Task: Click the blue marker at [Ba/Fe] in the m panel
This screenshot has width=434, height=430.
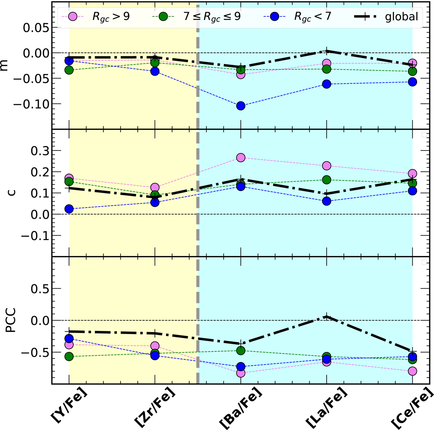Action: [241, 106]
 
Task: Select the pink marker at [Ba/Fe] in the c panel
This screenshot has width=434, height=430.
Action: [241, 158]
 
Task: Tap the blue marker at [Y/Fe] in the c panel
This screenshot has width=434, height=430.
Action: [69, 209]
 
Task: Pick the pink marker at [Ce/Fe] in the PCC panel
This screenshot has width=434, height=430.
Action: [412, 371]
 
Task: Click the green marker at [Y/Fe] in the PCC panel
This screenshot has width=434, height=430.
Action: [69, 357]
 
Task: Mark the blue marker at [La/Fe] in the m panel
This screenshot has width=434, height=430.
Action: [327, 84]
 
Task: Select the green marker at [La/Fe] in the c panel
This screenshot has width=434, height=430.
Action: [327, 180]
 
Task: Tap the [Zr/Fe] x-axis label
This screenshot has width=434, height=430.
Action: [154, 407]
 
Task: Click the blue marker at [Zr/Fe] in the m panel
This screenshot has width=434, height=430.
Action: [155, 71]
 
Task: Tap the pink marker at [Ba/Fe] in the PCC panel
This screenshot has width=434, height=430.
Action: [241, 373]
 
